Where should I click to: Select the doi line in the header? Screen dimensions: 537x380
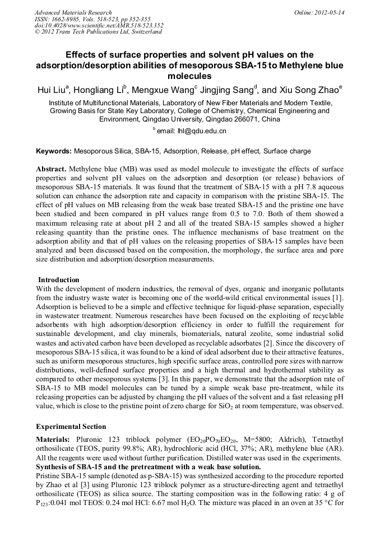pyautogui.click(x=99, y=25)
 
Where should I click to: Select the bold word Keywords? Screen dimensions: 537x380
pyautogui.click(x=53, y=151)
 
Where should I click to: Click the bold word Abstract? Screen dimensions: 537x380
pyautogui.click(x=52, y=169)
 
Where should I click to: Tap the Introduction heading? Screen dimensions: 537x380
pyautogui.click(x=58, y=280)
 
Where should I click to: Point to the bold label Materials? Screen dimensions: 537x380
pyautogui.click(x=54, y=441)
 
